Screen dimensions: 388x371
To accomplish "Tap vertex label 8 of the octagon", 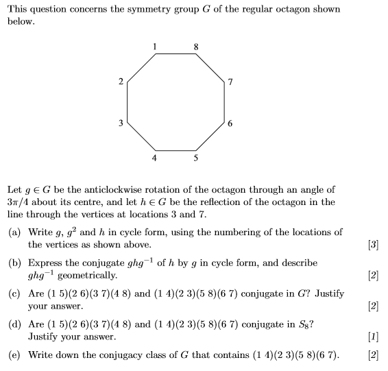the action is click(196, 47).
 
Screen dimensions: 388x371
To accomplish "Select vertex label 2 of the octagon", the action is click(121, 83).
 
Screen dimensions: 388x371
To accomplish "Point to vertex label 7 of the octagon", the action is click(231, 83).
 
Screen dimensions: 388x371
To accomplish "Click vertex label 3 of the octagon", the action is click(121, 123).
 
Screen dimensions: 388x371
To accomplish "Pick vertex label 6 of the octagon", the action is click(231, 124).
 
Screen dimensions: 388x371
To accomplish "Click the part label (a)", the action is click(14, 232).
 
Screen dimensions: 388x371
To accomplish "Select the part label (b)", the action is click(14, 263).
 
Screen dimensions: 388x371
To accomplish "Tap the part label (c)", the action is click(14, 294).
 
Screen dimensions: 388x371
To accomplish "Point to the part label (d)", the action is click(14, 324).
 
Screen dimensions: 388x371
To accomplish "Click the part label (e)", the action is click(14, 355).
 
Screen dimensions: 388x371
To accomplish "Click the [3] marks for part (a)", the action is click(374, 244).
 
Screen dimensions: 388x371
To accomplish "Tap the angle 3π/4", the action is click(19, 202).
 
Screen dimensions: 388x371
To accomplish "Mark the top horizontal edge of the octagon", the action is click(175, 56).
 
